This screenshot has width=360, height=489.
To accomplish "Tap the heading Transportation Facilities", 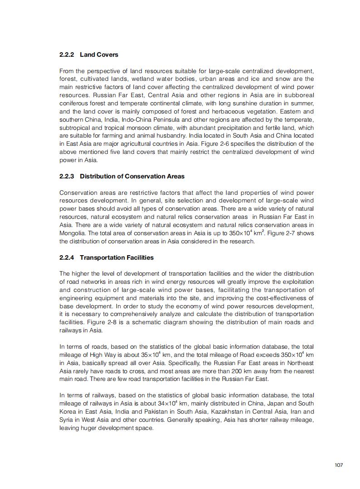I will pyautogui.click(x=117, y=257).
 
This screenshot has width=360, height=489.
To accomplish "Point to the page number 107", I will pyautogui.click(x=338, y=464).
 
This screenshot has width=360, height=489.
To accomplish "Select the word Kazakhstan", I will pyautogui.click(x=233, y=411).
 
